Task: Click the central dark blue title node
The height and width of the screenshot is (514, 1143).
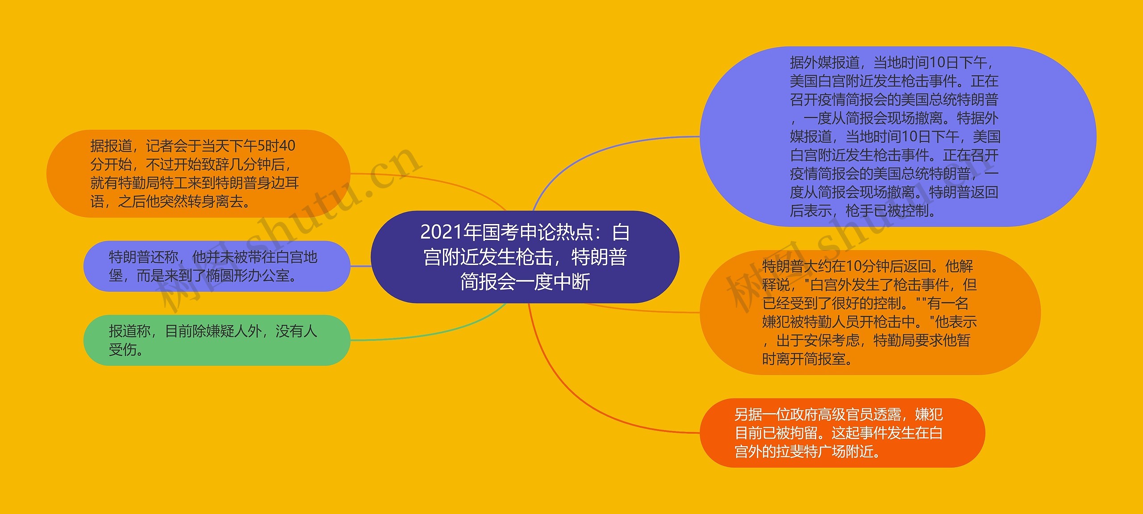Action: pyautogui.click(x=525, y=257)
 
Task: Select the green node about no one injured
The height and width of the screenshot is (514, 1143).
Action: pyautogui.click(x=217, y=340)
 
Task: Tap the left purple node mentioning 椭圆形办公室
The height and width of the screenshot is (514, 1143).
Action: pyautogui.click(x=217, y=266)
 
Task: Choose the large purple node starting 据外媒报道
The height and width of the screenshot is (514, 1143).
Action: pyautogui.click(x=897, y=136)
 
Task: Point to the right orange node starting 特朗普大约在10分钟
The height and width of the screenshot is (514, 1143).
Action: pyautogui.click(x=870, y=312)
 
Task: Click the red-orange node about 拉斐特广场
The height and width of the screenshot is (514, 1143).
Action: pyautogui.click(x=842, y=433)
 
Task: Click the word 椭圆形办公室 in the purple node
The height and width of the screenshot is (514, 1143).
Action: pyautogui.click(x=248, y=276)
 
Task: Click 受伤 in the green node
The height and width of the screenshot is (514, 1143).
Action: pyautogui.click(x=123, y=350)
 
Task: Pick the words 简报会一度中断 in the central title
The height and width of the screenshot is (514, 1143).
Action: pyautogui.click(x=525, y=282)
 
